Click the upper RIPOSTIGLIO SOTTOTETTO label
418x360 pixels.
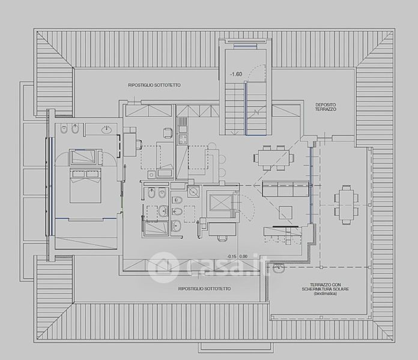click(154, 85)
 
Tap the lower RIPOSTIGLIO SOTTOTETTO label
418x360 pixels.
click(204, 289)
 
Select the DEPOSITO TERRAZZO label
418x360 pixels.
click(326, 107)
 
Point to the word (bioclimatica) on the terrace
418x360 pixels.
click(326, 293)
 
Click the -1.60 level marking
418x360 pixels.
click(236, 74)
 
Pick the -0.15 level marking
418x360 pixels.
click(232, 256)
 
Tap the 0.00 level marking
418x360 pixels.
click(243, 256)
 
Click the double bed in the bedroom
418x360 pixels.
click(85, 185)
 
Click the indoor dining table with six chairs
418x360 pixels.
click(273, 158)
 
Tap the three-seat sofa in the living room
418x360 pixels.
click(285, 189)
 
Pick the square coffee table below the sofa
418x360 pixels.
click(286, 212)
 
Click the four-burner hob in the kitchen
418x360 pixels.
click(183, 139)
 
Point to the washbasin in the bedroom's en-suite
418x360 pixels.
click(107, 130)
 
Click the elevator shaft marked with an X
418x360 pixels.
click(220, 202)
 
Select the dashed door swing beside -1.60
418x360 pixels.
click(256, 72)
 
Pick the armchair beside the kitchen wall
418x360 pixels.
click(168, 133)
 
